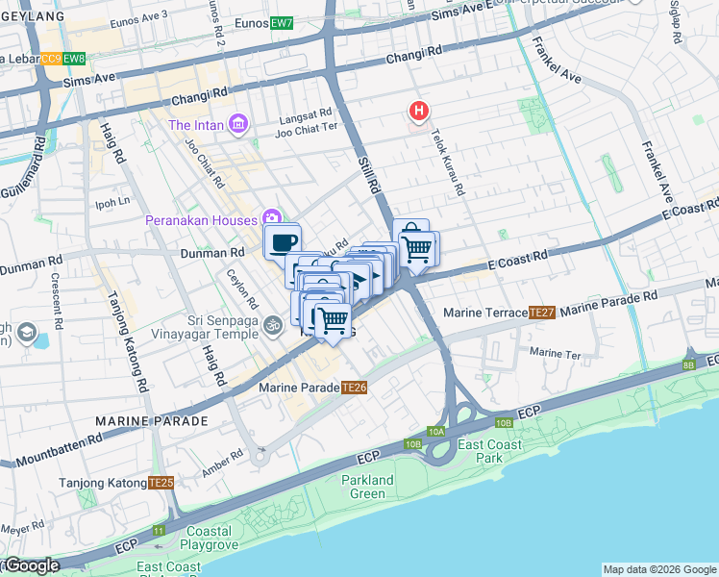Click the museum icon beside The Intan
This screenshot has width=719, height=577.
(x=238, y=125)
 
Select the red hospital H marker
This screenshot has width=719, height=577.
(x=418, y=113)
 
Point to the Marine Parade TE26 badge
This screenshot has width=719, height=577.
(x=356, y=388)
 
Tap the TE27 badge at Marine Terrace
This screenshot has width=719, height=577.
(x=542, y=313)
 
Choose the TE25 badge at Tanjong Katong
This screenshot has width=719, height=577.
(x=161, y=483)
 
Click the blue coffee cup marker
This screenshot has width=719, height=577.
(x=283, y=241)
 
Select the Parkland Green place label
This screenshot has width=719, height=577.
(x=368, y=488)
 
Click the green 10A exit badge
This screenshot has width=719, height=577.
(x=436, y=432)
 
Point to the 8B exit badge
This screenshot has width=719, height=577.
(x=688, y=364)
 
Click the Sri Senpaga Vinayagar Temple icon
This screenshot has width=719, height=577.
(x=273, y=330)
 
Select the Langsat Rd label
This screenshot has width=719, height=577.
(x=304, y=113)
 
